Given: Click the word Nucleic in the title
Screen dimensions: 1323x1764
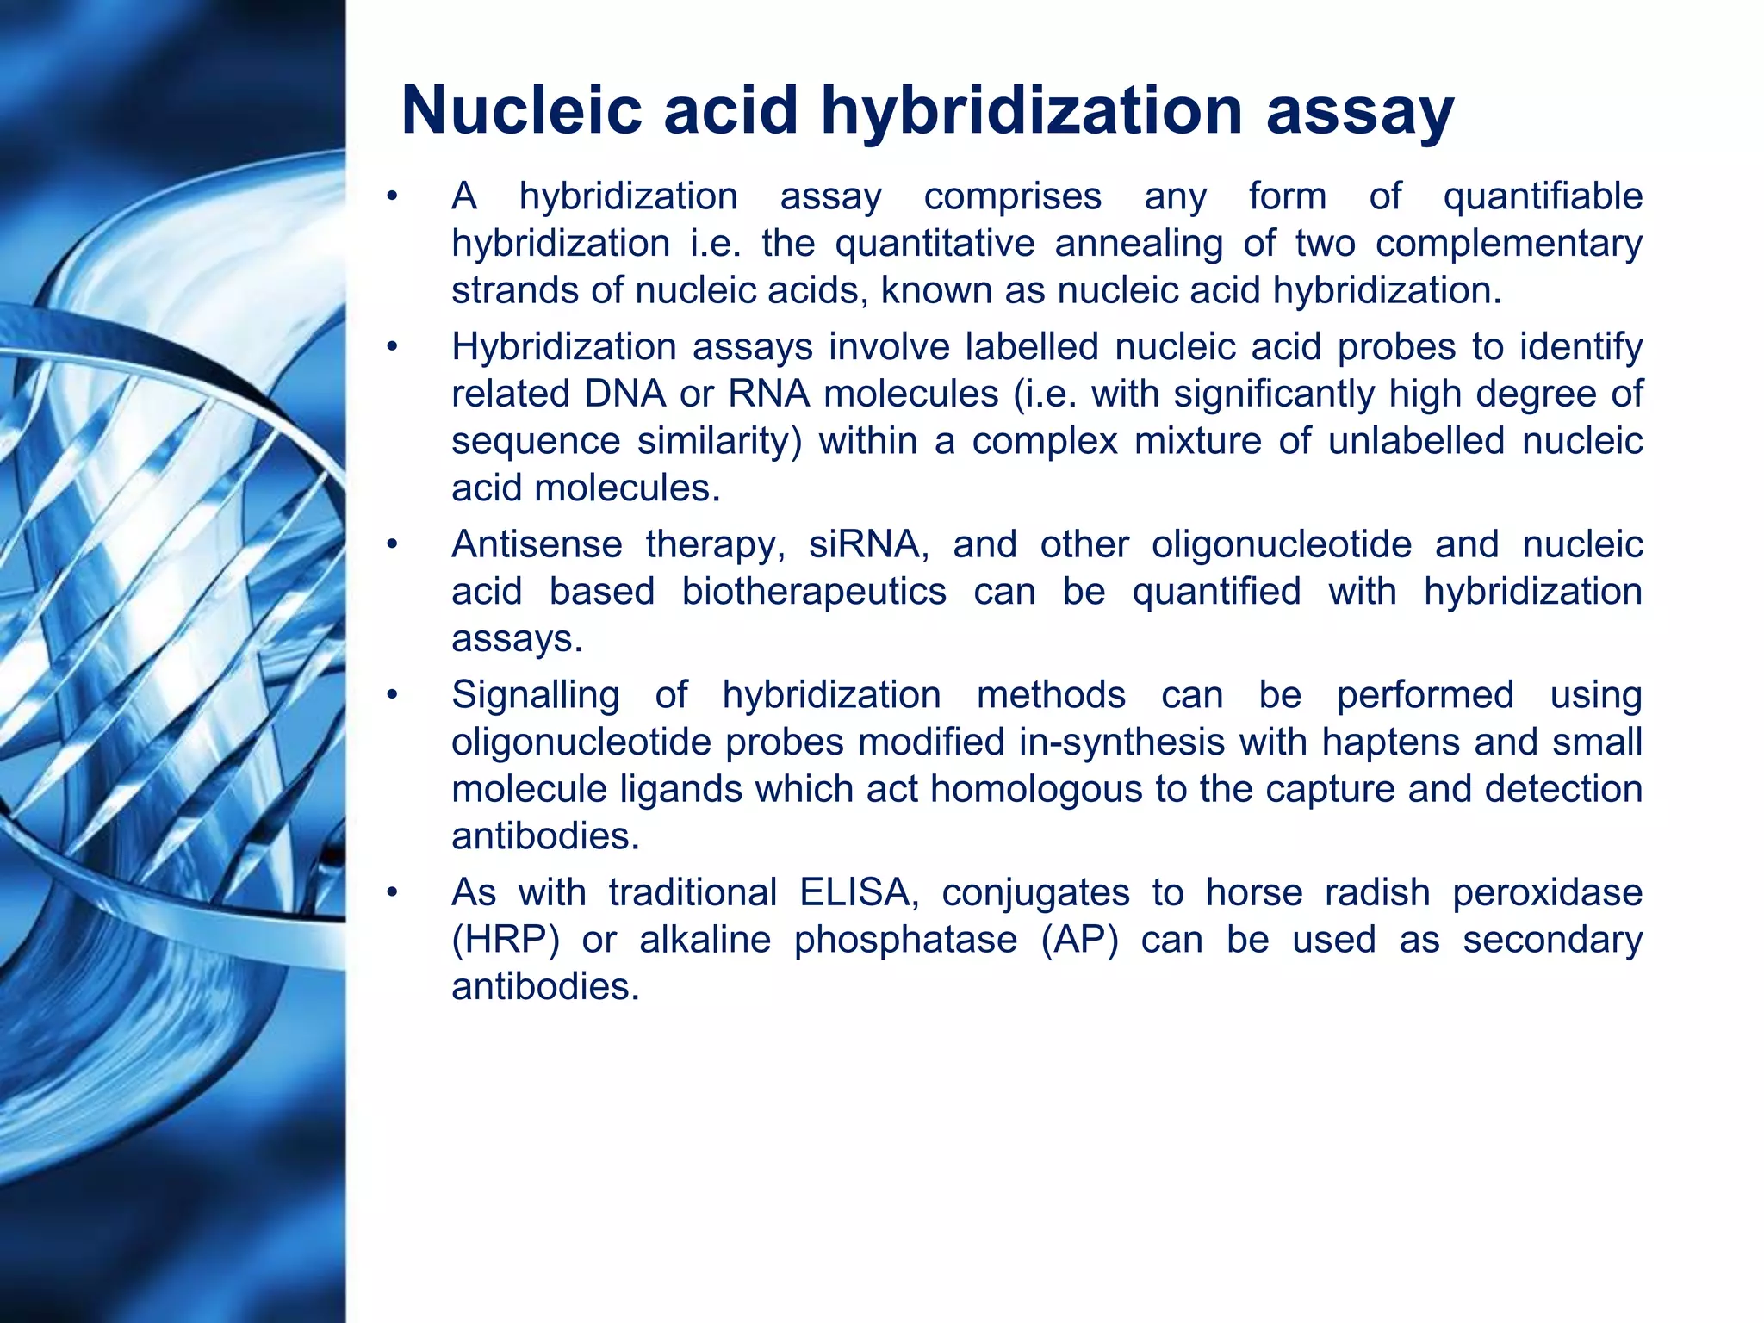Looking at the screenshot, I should tap(521, 110).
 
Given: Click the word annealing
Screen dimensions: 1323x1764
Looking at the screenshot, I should tap(1138, 245).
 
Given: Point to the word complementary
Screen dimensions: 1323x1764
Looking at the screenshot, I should tap(1508, 245).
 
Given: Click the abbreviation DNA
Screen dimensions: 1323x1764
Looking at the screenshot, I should tap(624, 394).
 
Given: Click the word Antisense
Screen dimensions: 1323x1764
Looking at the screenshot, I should tap(537, 545).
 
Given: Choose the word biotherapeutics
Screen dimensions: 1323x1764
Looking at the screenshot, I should tap(814, 593).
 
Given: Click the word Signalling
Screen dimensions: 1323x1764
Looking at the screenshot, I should tap(535, 696).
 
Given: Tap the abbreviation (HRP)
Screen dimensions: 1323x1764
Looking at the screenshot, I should tap(506, 940).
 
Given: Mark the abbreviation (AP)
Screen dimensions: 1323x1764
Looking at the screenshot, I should tap(1079, 940).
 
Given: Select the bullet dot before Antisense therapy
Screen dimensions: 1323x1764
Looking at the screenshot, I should tap(392, 545).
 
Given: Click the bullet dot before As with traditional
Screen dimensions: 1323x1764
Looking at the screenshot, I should tap(392, 893).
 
